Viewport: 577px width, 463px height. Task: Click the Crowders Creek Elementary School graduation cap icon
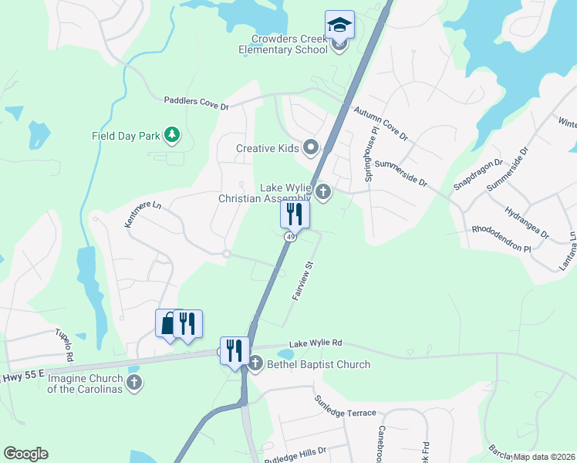(x=339, y=25)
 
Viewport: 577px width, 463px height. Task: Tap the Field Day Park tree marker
(x=174, y=136)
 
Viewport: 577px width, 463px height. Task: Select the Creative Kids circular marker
(x=312, y=147)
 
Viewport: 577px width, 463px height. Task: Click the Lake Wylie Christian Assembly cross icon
(x=323, y=192)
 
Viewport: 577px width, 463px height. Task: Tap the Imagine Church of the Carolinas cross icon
(x=134, y=383)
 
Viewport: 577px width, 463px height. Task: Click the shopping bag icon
(x=168, y=323)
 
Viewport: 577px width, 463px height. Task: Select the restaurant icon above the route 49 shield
(x=295, y=212)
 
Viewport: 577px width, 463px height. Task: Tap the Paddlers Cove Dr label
(x=197, y=100)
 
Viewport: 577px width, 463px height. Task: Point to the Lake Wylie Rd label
(x=315, y=344)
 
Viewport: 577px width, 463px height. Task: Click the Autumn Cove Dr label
(x=380, y=123)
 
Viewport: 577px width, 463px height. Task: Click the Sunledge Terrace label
(x=345, y=407)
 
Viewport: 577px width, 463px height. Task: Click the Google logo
(x=25, y=454)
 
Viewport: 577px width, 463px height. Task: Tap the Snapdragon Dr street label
(x=478, y=174)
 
